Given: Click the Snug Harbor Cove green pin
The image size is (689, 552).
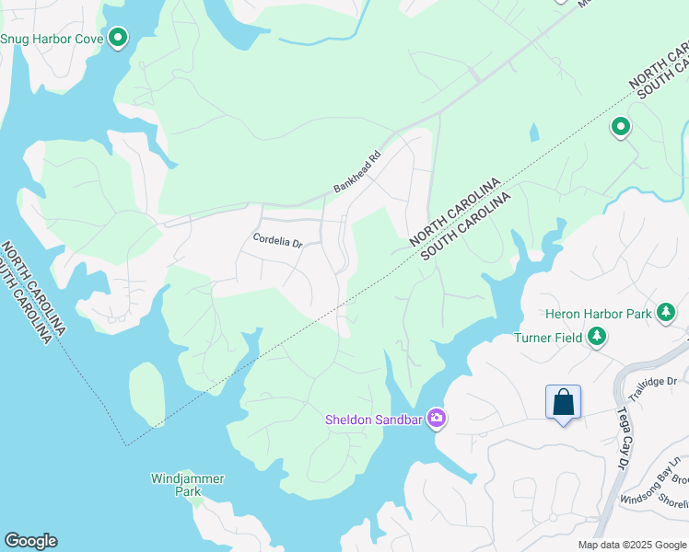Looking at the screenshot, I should point(118,38).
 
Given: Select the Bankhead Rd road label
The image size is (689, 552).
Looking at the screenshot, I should point(357,172).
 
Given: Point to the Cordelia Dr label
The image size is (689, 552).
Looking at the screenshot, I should point(278,242).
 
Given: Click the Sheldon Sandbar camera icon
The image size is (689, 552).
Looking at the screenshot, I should point(437,420).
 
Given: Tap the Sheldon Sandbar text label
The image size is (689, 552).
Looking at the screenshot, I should point(372,420).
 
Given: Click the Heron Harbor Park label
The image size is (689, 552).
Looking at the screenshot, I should point(598,315).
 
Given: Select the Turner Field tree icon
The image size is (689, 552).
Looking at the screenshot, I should point(598,338).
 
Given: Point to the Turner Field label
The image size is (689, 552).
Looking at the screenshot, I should point(548,338).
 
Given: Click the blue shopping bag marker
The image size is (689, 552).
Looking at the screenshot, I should point(563,404).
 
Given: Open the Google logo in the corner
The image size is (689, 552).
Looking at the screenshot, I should point(30,541).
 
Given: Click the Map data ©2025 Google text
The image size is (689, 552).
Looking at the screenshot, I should point(631,545).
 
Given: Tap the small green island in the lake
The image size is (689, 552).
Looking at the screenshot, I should point(146,394).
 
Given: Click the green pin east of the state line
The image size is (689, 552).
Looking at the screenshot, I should point(621,127).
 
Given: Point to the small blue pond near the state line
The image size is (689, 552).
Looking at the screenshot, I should point(534,133).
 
